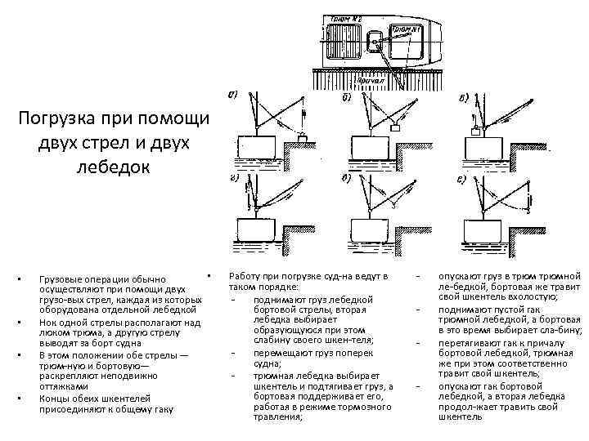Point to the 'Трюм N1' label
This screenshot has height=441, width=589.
[x=407, y=30]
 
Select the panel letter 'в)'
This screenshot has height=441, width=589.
[x=464, y=99]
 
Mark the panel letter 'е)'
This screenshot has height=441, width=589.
[x=463, y=178]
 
